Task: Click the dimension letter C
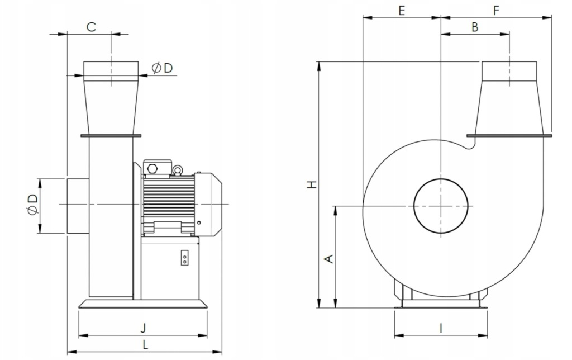pyautogui.click(x=91, y=26)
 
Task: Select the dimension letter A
pyautogui.click(x=329, y=258)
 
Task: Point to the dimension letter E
pyautogui.click(x=401, y=10)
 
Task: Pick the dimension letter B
pyautogui.click(x=474, y=27)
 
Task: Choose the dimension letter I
pyautogui.click(x=441, y=328)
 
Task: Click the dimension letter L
pyautogui.click(x=145, y=345)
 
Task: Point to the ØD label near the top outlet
pyautogui.click(x=162, y=68)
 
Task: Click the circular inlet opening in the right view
pyautogui.click(x=441, y=206)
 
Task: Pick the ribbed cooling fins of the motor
pyautogui.click(x=168, y=201)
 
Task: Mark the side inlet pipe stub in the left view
pyautogui.click(x=77, y=205)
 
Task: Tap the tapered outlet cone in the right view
pyautogui.click(x=509, y=106)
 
